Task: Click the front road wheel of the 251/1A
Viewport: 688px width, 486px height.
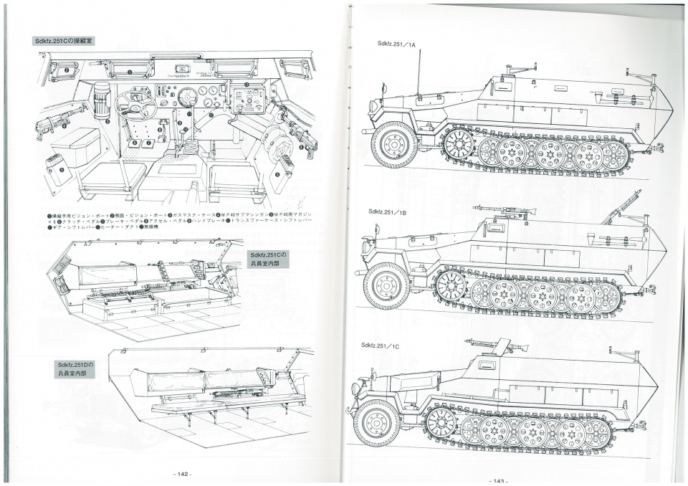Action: [393, 143]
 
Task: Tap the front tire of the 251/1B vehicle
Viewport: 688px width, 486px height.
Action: [386, 285]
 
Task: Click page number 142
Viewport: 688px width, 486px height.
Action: [180, 474]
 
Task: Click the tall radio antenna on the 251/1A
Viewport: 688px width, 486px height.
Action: [419, 75]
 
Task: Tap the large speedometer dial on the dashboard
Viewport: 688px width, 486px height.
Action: [188, 96]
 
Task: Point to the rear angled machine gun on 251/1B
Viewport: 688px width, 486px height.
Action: [622, 207]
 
